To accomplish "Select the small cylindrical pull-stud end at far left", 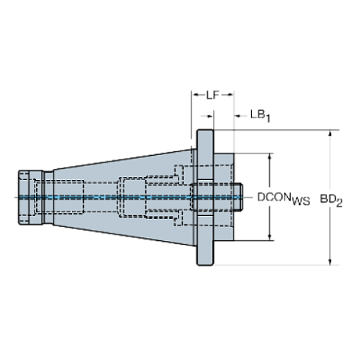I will [x=28, y=198].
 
